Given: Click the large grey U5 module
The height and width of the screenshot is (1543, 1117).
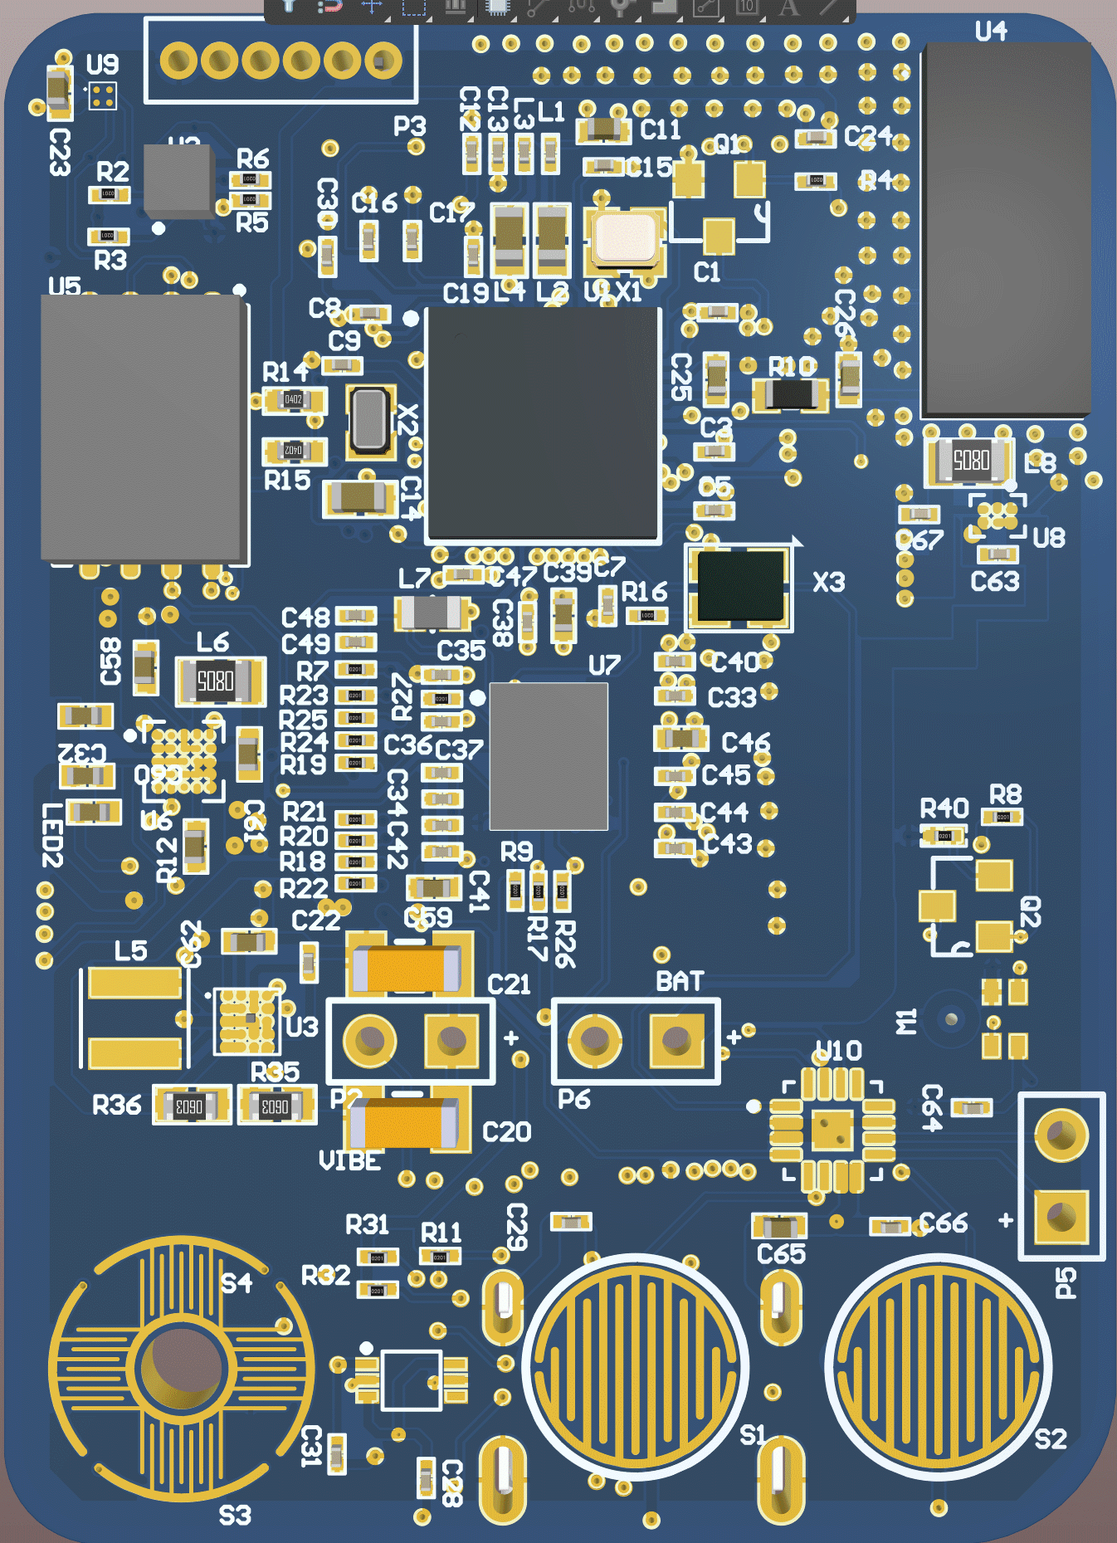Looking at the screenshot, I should point(143,427).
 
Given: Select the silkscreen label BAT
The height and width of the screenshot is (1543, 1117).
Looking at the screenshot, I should point(680,982).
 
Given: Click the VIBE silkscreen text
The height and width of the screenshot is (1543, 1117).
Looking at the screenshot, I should point(349,1160).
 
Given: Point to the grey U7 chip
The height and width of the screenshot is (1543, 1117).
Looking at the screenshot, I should point(549,755).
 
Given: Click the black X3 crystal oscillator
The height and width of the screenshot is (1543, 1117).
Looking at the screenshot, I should point(739,586).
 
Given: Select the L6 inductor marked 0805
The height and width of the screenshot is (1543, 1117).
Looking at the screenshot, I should point(217,681).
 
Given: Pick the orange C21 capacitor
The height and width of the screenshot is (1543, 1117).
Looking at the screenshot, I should point(407,969).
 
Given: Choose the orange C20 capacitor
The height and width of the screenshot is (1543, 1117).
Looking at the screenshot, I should point(403,1123).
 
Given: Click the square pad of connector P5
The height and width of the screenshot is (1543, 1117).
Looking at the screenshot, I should point(1061,1215).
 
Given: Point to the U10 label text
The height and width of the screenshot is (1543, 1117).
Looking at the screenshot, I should point(839,1052).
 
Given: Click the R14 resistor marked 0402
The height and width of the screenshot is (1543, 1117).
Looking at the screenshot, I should point(294,400).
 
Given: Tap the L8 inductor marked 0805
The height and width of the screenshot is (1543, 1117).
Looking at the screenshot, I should point(970,460).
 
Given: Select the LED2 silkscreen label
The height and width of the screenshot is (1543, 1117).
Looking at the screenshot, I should point(53,835).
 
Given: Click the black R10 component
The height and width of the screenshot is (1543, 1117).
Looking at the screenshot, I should point(790,394).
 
